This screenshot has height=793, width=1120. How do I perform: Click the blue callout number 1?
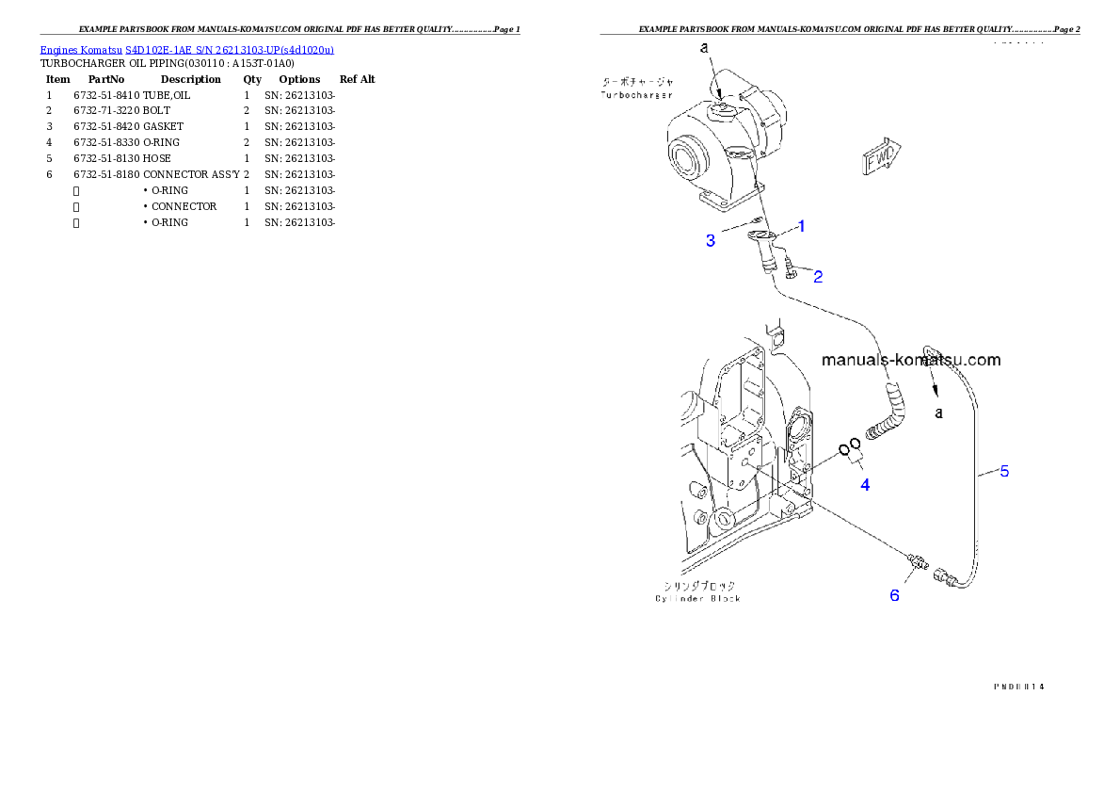tap(801, 226)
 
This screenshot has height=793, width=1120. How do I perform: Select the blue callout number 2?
tap(818, 277)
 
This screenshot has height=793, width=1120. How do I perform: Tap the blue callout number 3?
tap(711, 241)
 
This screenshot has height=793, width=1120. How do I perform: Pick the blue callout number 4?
tap(864, 485)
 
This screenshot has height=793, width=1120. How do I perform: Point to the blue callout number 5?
tap(1004, 471)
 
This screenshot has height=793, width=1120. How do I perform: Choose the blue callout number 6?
tap(894, 595)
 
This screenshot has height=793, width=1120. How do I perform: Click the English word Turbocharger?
tap(636, 95)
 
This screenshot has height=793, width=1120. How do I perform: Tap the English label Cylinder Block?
tap(697, 599)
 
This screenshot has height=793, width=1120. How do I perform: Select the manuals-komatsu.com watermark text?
tap(911, 360)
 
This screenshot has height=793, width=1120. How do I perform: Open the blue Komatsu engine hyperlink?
tap(186, 50)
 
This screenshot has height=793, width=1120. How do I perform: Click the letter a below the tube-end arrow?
tap(938, 413)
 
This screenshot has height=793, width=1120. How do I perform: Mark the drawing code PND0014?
tap(1018, 687)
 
